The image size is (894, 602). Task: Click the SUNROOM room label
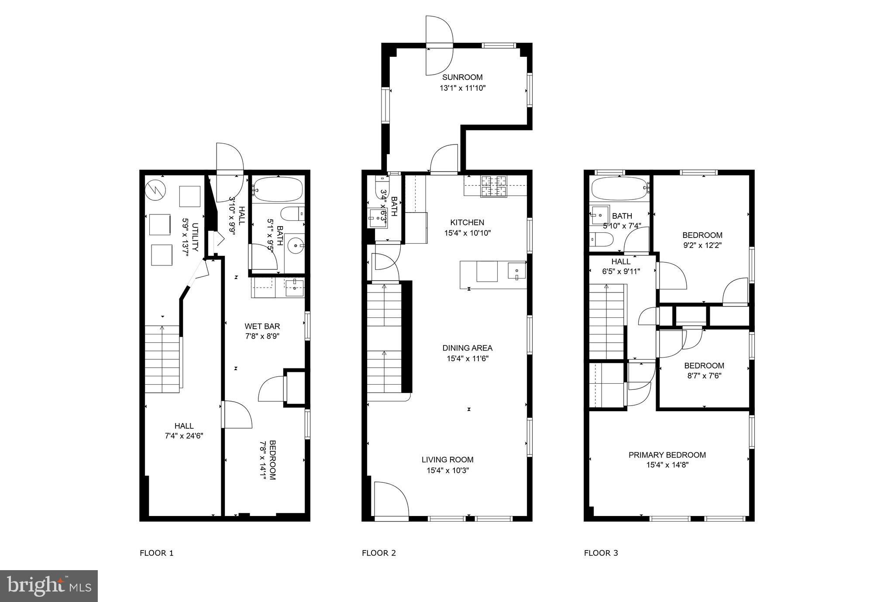tap(462, 77)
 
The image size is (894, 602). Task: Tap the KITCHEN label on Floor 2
tap(468, 222)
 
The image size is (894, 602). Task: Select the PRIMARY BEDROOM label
tap(667, 455)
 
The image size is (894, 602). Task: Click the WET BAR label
tap(262, 326)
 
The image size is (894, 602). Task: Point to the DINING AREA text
tap(468, 348)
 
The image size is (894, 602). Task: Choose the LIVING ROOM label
tap(447, 460)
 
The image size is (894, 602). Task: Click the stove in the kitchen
tap(494, 186)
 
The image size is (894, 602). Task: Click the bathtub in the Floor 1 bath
tap(278, 189)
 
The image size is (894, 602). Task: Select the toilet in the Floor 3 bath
tap(602, 239)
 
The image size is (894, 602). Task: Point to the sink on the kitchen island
tap(516, 271)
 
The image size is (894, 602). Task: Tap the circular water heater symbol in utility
tap(155, 189)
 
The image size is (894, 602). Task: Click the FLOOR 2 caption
tap(379, 553)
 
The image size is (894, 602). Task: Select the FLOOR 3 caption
tap(601, 553)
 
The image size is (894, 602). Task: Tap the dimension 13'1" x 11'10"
tap(462, 88)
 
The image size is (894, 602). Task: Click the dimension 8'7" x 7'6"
tap(704, 376)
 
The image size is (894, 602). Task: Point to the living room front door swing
tap(391, 499)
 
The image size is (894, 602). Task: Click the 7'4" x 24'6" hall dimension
tap(184, 436)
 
